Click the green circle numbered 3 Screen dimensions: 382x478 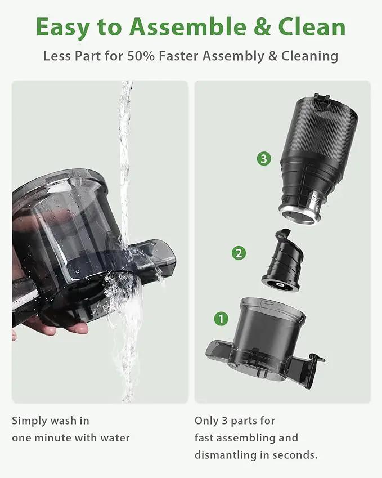[264, 159]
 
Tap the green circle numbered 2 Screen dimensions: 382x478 [239, 253]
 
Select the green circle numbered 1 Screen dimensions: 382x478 [221, 319]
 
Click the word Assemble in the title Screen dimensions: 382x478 [188, 27]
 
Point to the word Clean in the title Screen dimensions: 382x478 [312, 27]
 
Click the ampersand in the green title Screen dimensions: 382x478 [262, 27]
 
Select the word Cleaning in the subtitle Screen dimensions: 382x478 [309, 57]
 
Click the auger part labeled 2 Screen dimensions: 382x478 [282, 261]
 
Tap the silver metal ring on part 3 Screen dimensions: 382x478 [300, 216]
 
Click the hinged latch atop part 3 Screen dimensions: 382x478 [322, 97]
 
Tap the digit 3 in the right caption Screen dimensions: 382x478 [225, 421]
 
